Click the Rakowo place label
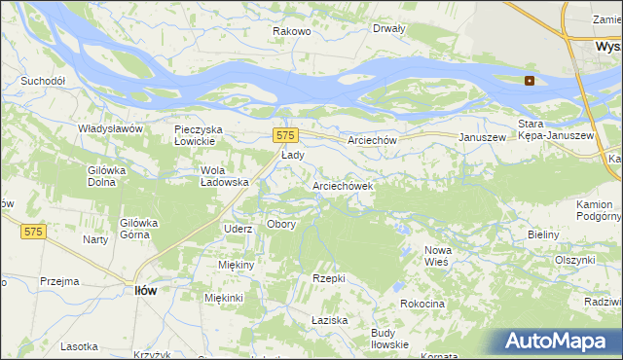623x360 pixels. coord(291,31)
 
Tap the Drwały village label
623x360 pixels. coord(388,28)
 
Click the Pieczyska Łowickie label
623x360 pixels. coord(200,135)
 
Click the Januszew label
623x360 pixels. coord(484,138)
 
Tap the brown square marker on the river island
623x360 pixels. coord(530,81)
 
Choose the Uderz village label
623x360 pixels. coord(238,229)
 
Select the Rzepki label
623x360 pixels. coord(329,278)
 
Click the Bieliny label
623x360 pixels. coord(543,235)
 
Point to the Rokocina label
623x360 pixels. coord(422,305)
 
